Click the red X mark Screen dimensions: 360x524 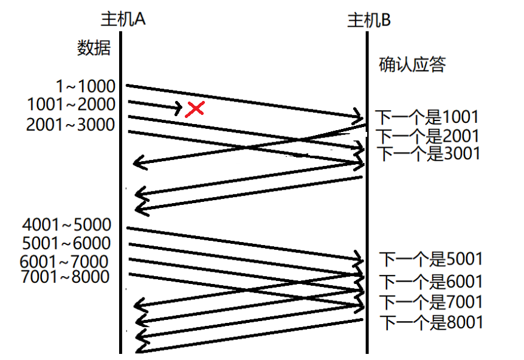pos(195,109)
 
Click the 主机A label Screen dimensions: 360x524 pos(123,19)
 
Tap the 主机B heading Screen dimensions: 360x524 pos(368,20)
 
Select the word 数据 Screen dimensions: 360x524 pos(94,47)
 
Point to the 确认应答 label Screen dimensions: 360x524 pos(412,64)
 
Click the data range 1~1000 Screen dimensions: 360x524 pos(84,87)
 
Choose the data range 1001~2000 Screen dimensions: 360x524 pos(71,105)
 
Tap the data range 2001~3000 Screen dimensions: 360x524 pos(71,125)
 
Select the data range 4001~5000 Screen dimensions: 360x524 pos(66,225)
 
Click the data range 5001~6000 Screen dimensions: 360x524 pos(66,244)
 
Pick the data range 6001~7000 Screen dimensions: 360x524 pos(64,261)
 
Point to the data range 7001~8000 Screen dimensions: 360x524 pos(64,277)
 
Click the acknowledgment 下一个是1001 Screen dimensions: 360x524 pos(427,117)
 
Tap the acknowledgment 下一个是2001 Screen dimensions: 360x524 pos(427,136)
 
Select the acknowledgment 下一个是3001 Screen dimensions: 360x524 pos(429,153)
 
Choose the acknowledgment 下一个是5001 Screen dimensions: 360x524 pos(431,260)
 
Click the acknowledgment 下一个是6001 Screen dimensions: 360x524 pos(431,282)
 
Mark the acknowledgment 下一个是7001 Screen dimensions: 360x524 pos(431,302)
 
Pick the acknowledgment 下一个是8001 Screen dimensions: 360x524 pos(431,322)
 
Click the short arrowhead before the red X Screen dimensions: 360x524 pos(178,109)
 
